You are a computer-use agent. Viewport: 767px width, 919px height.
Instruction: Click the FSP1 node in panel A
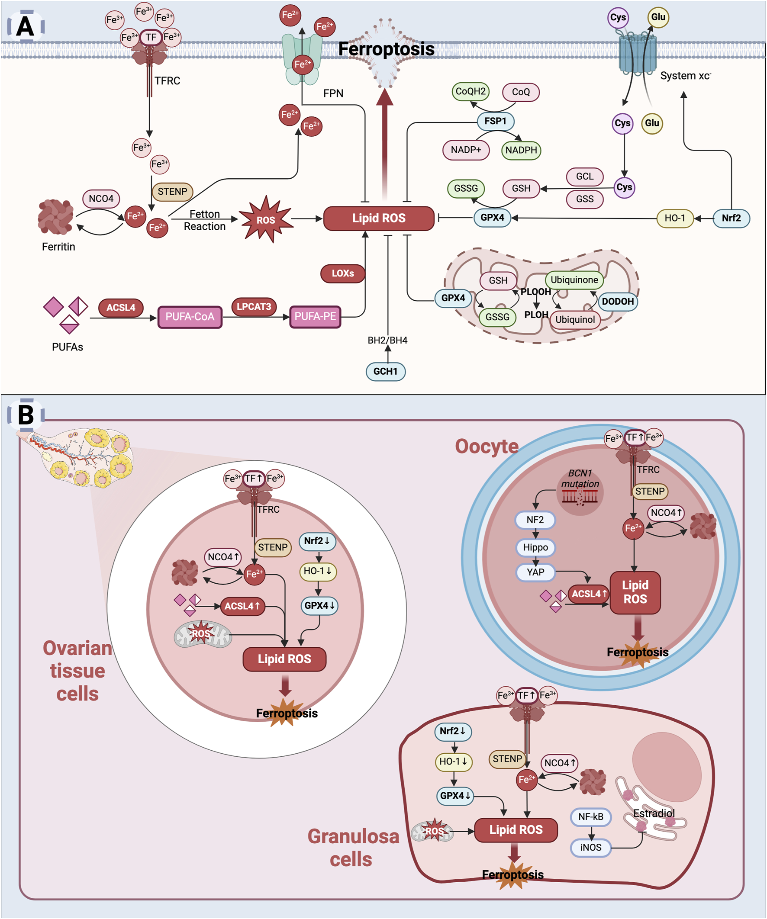coord(495,121)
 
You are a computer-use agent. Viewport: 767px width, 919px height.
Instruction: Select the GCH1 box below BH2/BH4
coord(385,372)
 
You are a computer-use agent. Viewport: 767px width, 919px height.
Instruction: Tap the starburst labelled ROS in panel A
coord(266,219)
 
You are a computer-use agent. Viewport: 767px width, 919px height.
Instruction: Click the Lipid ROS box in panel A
coord(379,218)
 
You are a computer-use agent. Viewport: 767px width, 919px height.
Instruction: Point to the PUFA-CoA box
coord(190,316)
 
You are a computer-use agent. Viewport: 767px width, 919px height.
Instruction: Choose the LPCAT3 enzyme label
coord(254,306)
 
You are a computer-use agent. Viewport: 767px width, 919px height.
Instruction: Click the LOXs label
coord(343,273)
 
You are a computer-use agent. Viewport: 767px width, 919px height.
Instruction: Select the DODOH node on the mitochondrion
coord(617,301)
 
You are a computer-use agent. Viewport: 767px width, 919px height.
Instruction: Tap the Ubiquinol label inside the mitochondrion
coord(575,319)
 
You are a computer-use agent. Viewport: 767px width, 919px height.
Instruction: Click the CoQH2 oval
coord(471,91)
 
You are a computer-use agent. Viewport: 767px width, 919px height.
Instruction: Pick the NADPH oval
coord(521,150)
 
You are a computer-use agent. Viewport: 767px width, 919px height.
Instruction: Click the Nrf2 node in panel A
coord(731,218)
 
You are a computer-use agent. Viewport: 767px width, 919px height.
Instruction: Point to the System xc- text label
coord(685,76)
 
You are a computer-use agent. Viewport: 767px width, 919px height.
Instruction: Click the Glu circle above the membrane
coord(658,17)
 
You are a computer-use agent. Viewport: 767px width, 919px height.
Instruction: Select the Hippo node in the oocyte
coord(535,547)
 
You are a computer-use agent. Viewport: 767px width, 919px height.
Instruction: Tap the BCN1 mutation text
coord(580,478)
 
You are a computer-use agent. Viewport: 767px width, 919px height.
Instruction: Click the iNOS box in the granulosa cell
coord(590,847)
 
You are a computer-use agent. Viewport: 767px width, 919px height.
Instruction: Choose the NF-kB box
coord(590,816)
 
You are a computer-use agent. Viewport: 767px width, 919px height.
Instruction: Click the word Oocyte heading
coord(487,447)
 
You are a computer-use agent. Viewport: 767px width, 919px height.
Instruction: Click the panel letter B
coord(26,415)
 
